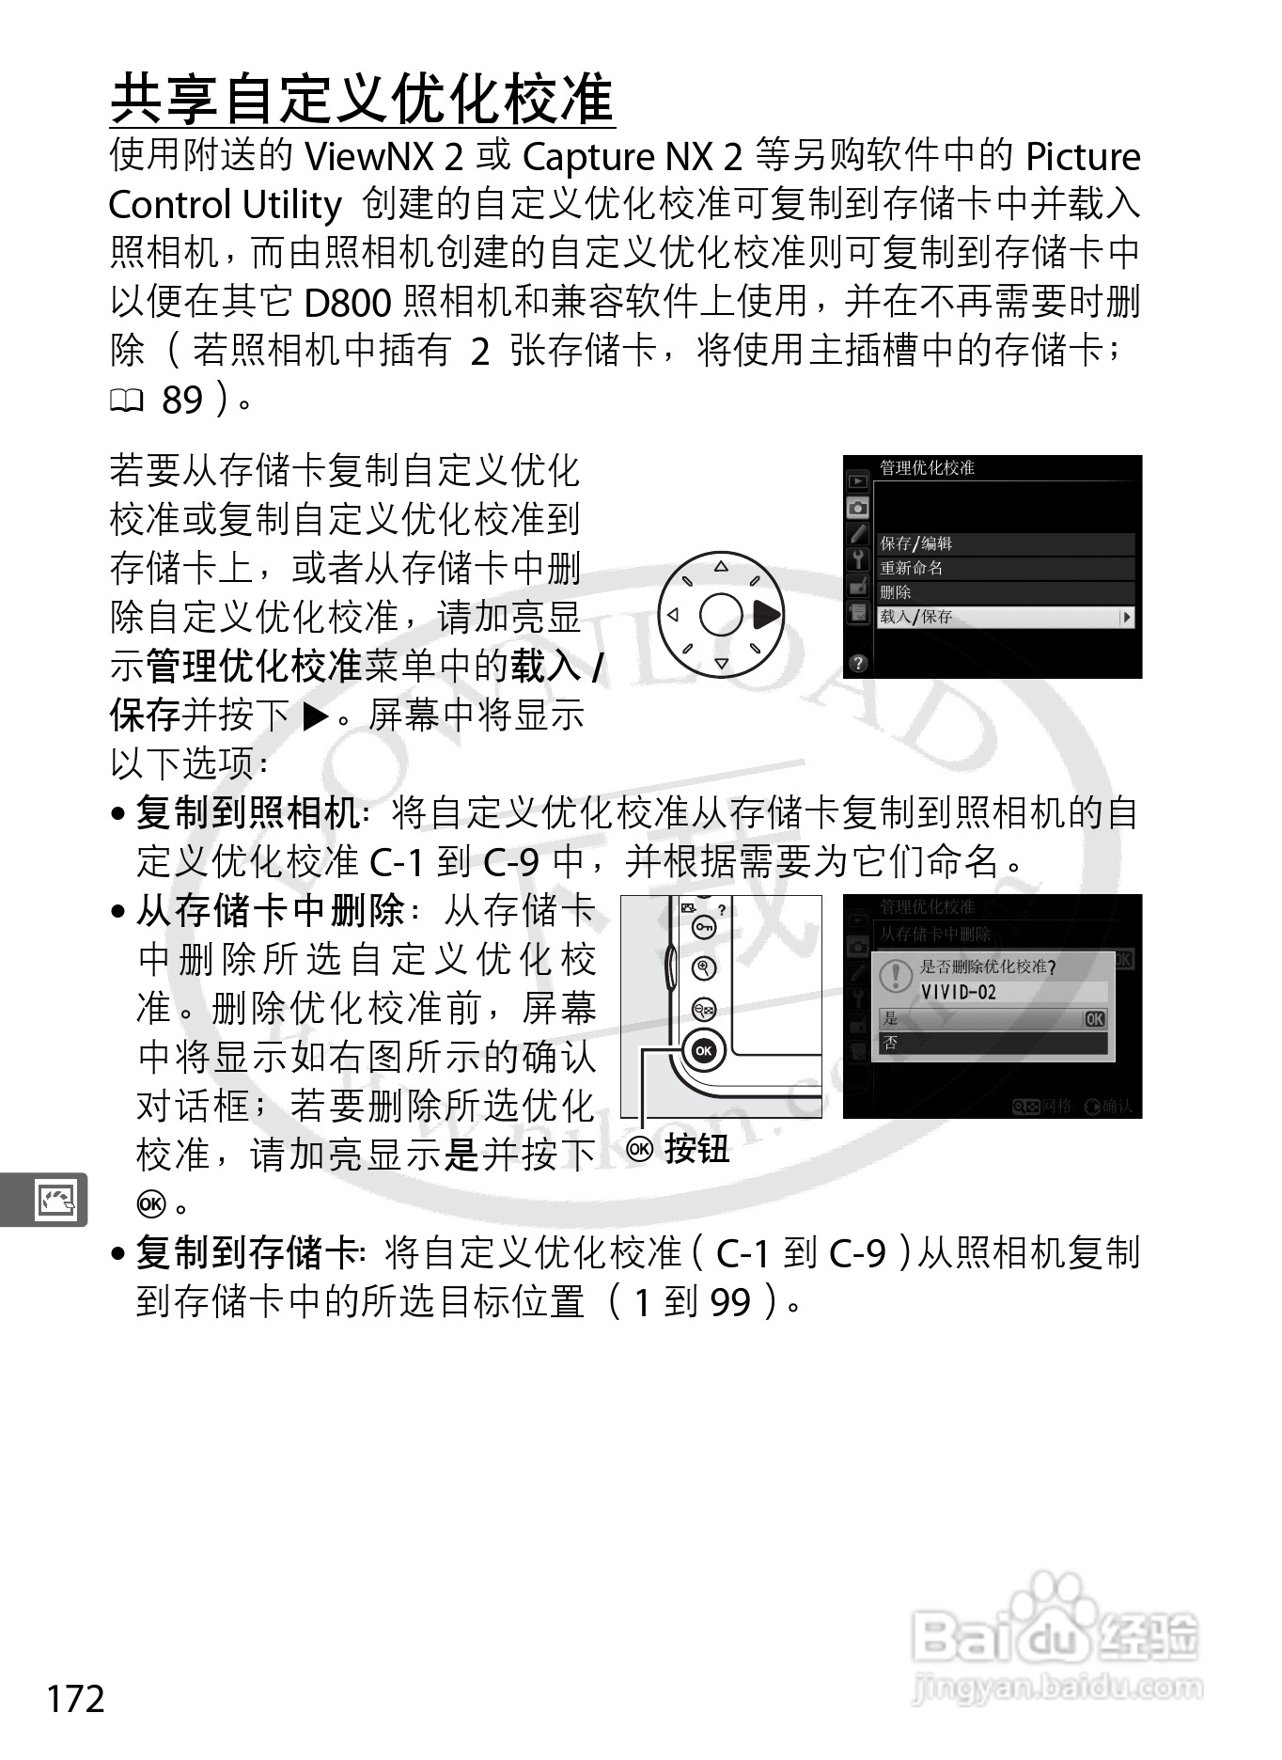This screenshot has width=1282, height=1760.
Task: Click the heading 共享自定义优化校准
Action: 363,100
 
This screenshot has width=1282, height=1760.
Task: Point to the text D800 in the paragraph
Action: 348,302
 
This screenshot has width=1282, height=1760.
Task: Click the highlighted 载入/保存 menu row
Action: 1006,617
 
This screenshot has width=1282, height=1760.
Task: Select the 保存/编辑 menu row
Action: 1006,543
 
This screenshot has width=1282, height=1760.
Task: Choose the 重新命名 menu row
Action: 1006,568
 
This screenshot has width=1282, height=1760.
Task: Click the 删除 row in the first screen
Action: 1006,592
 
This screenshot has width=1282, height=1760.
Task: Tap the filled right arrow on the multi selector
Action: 766,615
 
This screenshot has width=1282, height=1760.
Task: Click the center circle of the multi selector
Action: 721,616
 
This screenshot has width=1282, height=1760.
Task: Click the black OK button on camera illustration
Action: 704,1050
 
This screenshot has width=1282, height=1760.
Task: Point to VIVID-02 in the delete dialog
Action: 959,992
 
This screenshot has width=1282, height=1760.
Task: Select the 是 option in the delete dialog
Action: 992,1018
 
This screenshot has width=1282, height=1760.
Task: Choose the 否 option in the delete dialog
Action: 992,1043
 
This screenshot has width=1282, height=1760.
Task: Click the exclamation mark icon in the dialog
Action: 895,976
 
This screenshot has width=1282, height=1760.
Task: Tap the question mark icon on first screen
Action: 856,663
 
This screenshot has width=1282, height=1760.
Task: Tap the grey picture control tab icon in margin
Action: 54,1200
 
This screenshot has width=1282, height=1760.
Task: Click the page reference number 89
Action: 182,400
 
